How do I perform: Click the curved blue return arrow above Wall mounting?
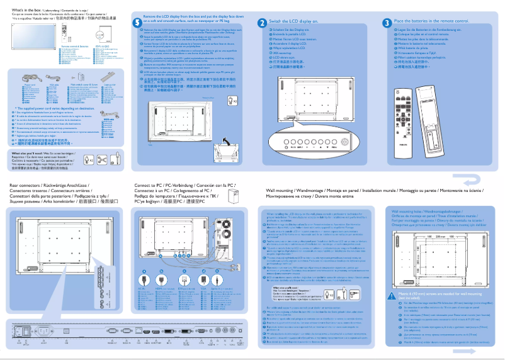474,181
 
